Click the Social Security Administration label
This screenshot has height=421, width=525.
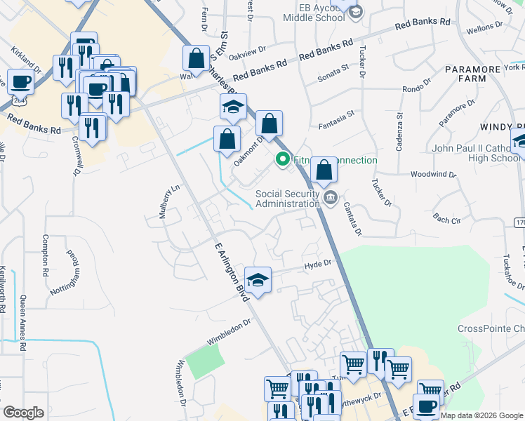287,199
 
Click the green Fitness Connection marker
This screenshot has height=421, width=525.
283,160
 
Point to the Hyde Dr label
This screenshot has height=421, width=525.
317,265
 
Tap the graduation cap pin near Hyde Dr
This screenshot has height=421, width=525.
258,280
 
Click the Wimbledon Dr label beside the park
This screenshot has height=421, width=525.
228,333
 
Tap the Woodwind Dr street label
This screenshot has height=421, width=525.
433,173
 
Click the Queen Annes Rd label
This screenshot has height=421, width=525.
24,323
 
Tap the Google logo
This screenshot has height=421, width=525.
24,413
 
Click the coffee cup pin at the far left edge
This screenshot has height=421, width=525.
20,81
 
